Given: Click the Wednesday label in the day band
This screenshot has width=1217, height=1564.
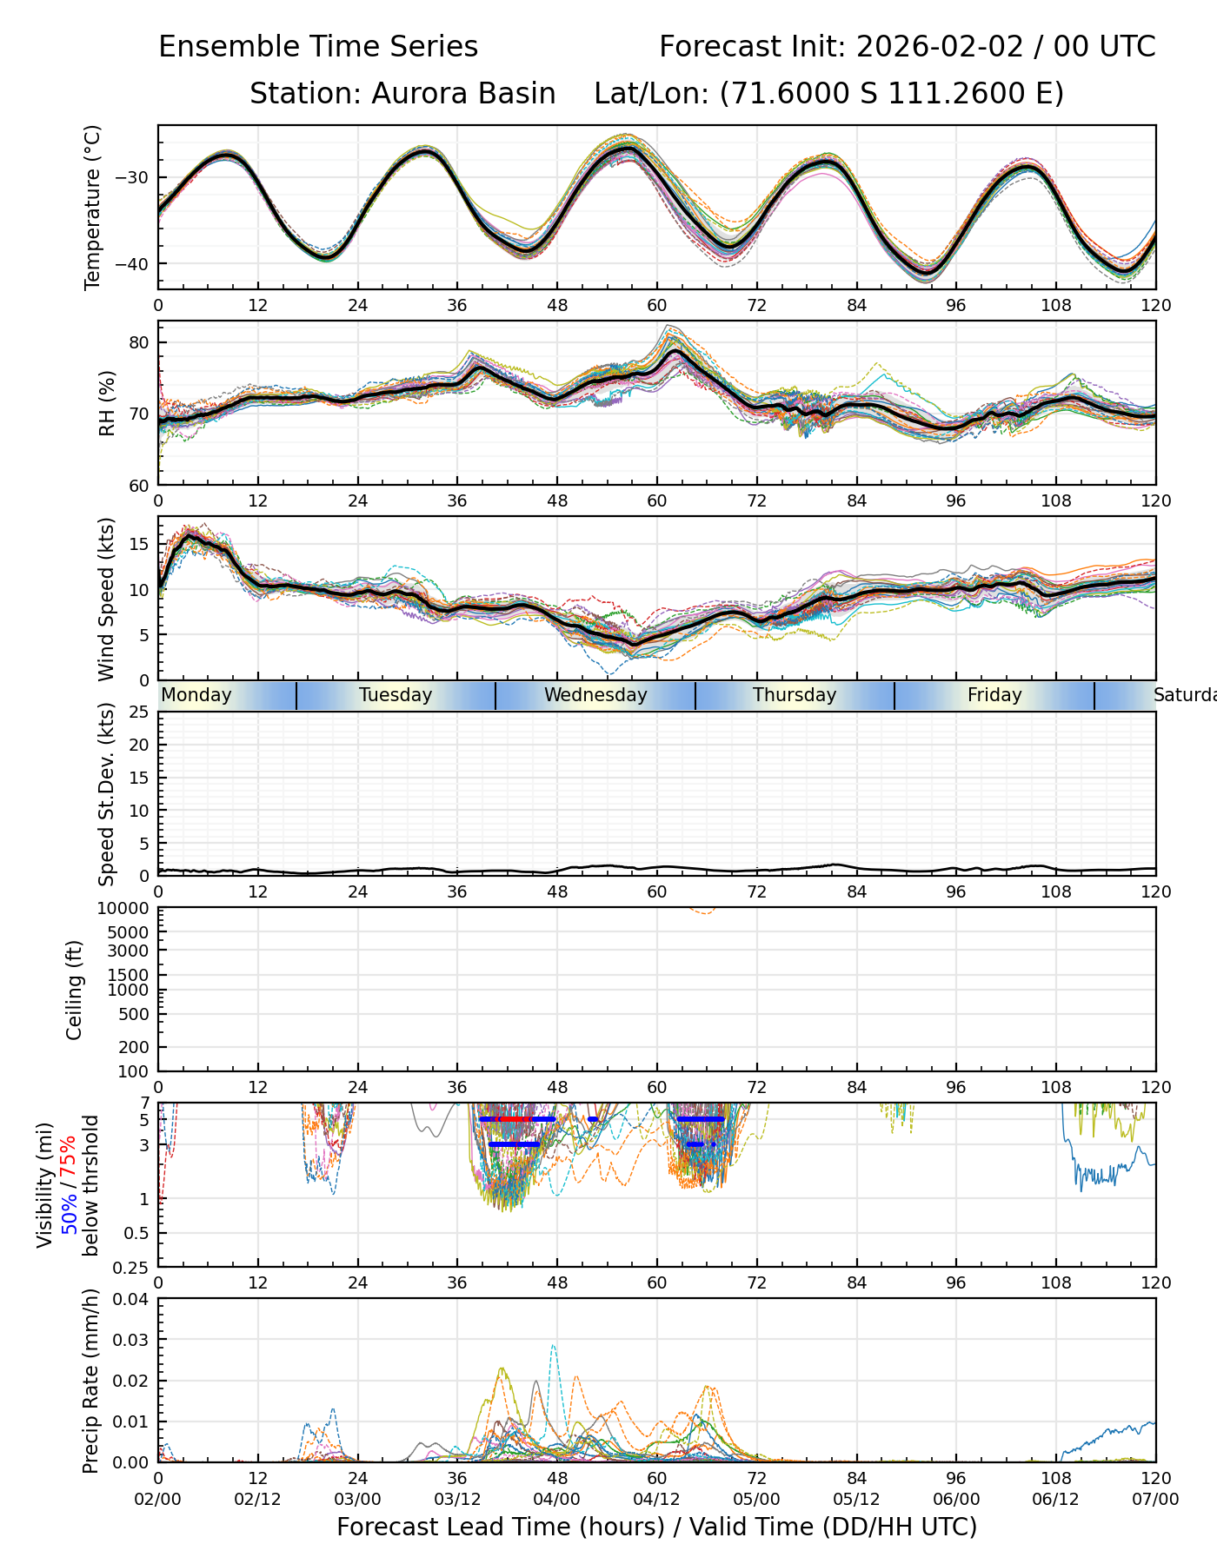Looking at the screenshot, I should pos(595,695).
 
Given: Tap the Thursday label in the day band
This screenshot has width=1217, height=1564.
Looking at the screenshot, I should pos(795,695).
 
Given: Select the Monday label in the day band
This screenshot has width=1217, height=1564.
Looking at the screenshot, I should pos(196,695).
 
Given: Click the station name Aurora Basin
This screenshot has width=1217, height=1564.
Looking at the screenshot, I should pos(463,93).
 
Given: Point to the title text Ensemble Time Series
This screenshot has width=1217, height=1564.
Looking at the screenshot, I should pos(318,47).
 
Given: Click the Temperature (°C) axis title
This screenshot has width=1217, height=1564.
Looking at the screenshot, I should pos(93,207).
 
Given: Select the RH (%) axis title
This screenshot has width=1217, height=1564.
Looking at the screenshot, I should pos(107,403).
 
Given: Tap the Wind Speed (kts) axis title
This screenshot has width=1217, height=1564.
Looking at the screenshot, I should pos(107,599).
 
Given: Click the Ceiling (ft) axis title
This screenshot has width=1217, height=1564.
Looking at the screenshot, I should pos(75,990).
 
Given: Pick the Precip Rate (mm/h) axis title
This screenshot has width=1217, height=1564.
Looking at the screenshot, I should pos(90,1381).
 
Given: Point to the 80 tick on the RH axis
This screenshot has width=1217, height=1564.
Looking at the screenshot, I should pos(139,342).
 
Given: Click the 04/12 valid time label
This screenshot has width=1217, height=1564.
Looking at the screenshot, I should pos(656,1500).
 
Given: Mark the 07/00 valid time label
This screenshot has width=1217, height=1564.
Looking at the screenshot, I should pos(1155,1500).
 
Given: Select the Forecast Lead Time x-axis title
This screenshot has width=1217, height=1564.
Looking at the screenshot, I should pos(656,1528).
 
